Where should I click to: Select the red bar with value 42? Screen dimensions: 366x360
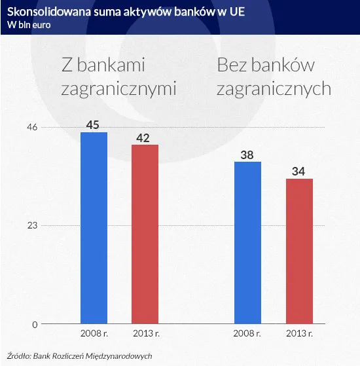click(145, 234)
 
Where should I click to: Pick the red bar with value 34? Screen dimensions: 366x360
click(298, 251)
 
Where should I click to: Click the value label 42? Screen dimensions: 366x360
click(145, 137)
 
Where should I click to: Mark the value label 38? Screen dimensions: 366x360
click(247, 155)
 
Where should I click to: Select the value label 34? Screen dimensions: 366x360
click(298, 172)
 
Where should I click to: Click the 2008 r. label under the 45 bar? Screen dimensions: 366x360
click(94, 334)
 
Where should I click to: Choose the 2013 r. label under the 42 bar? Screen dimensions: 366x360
click(145, 334)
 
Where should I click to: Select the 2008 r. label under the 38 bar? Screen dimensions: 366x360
click(247, 334)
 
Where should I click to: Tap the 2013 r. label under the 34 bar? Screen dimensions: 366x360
click(298, 334)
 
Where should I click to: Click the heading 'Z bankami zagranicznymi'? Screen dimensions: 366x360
click(118, 77)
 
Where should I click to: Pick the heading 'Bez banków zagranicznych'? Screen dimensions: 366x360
click(274, 77)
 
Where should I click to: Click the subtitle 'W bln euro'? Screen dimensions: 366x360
click(25, 25)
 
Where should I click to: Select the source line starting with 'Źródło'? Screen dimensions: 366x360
click(79, 356)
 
